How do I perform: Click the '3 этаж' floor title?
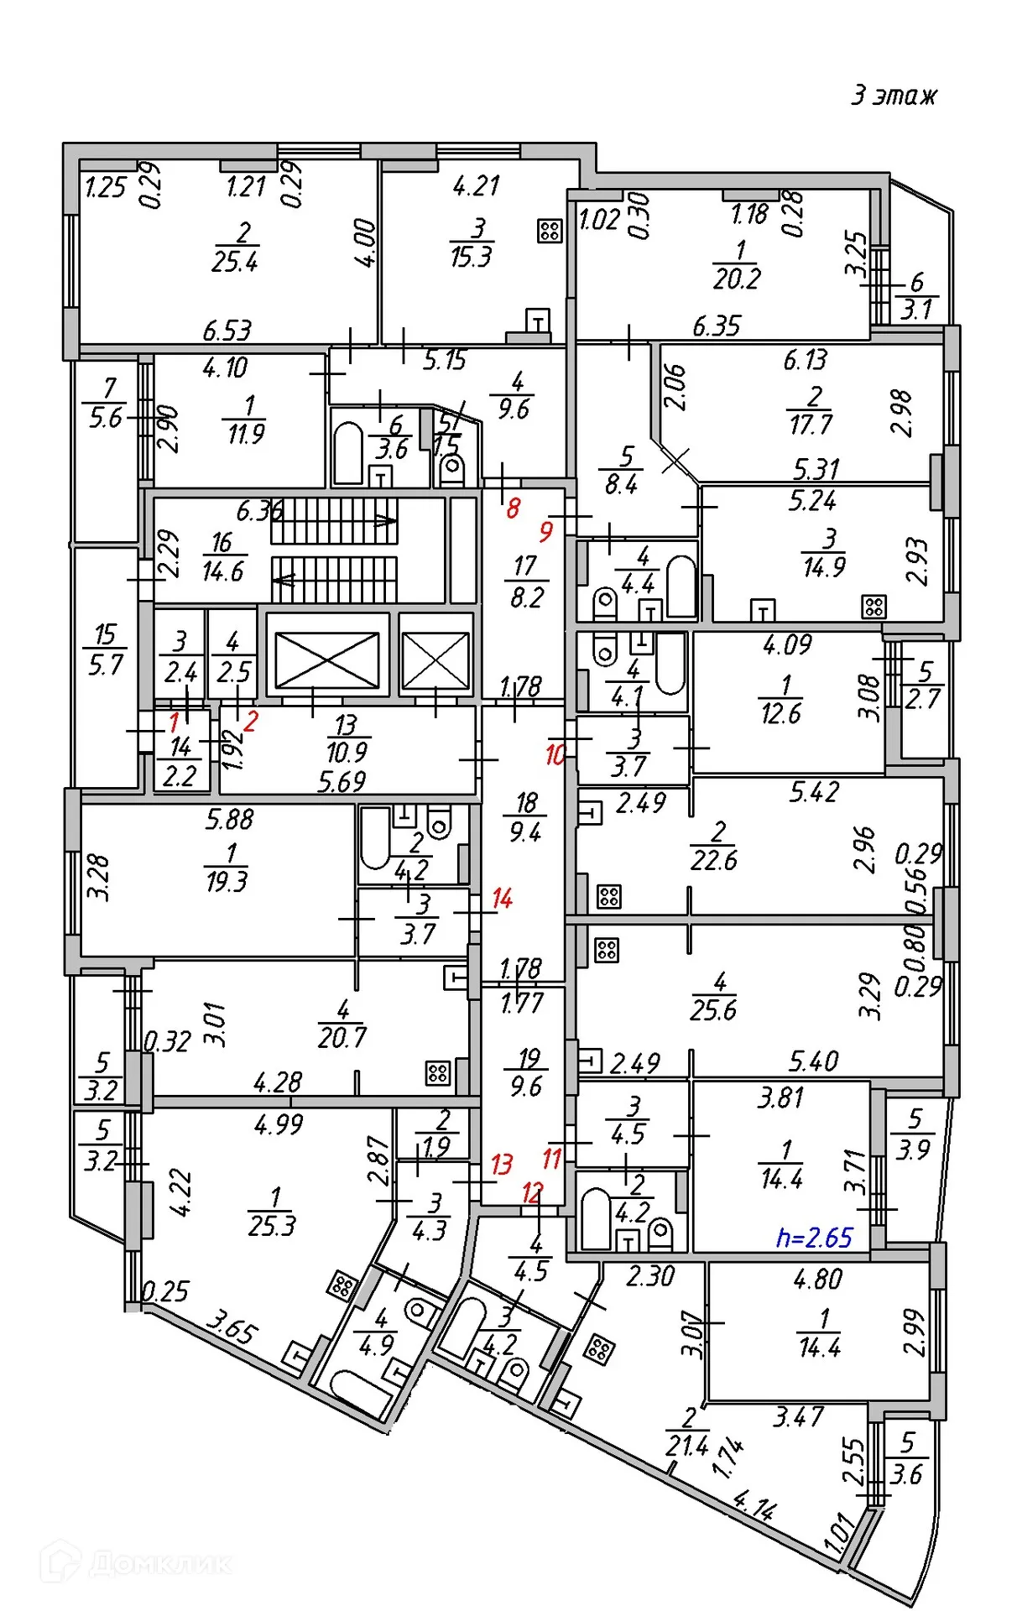[x=894, y=95]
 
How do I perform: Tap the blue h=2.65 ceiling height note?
[x=814, y=1238]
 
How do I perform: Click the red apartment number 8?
[x=513, y=508]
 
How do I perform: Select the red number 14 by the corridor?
[x=502, y=899]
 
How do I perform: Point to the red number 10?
[x=555, y=754]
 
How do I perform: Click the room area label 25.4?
[x=234, y=262]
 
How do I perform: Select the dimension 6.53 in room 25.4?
[x=227, y=331]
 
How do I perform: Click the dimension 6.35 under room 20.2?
[x=716, y=326]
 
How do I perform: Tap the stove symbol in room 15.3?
[x=550, y=231]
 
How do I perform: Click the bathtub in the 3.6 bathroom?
[x=348, y=454]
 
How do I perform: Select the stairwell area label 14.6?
[x=222, y=571]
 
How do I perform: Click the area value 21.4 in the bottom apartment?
[x=686, y=1445]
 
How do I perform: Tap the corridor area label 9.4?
[x=524, y=832]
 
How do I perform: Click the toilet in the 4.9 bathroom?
[x=419, y=1311]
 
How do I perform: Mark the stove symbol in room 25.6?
[x=607, y=951]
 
